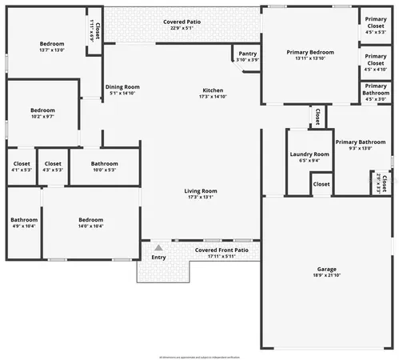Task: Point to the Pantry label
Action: (x=248, y=54)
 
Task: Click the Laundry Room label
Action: (x=309, y=154)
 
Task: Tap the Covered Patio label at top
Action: (x=182, y=22)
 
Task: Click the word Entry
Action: (x=158, y=257)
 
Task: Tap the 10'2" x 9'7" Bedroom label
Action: (x=42, y=110)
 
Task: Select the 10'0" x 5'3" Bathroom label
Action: (x=104, y=163)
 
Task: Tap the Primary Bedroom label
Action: (x=310, y=52)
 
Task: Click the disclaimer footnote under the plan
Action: (x=199, y=355)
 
